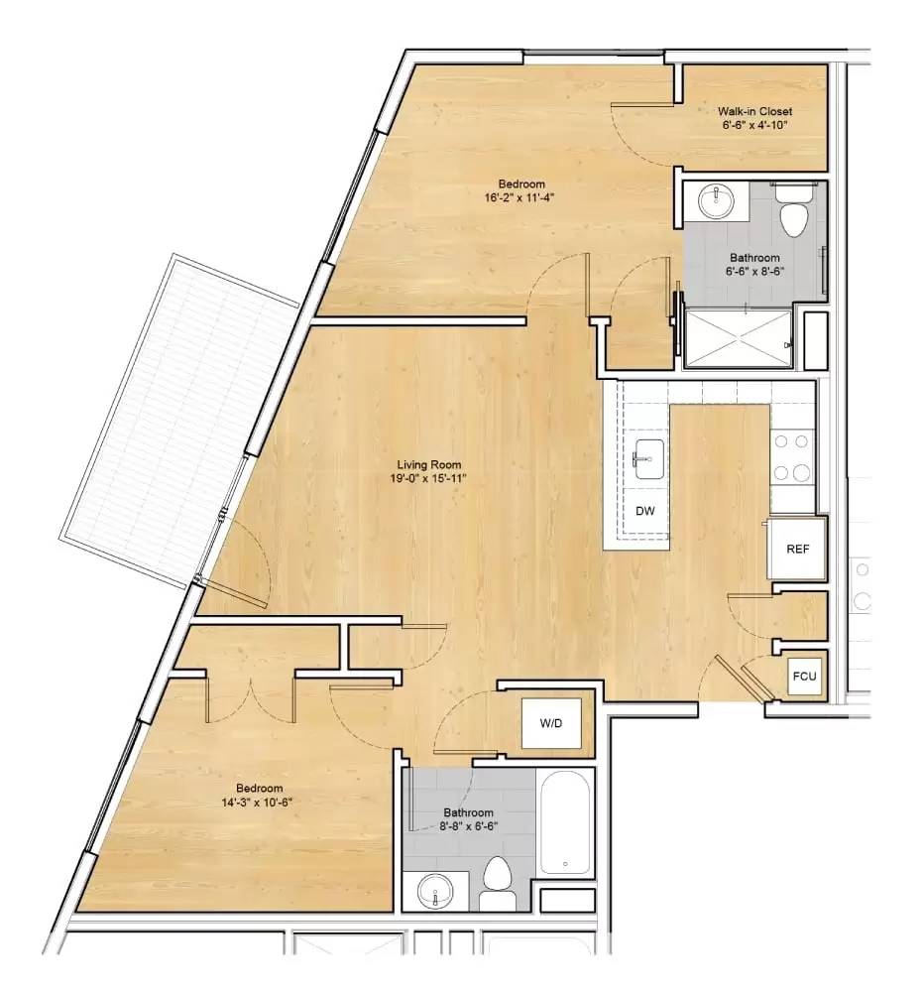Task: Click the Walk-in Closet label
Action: point(755,112)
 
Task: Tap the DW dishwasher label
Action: point(643,512)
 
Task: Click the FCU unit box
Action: point(803,678)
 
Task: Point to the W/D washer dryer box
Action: point(551,724)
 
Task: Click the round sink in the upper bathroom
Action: point(715,202)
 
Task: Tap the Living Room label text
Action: point(428,464)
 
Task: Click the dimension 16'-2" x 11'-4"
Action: point(519,197)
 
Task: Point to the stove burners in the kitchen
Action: point(792,456)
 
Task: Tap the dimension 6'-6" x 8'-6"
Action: point(755,271)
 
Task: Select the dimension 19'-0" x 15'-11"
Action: point(428,478)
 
